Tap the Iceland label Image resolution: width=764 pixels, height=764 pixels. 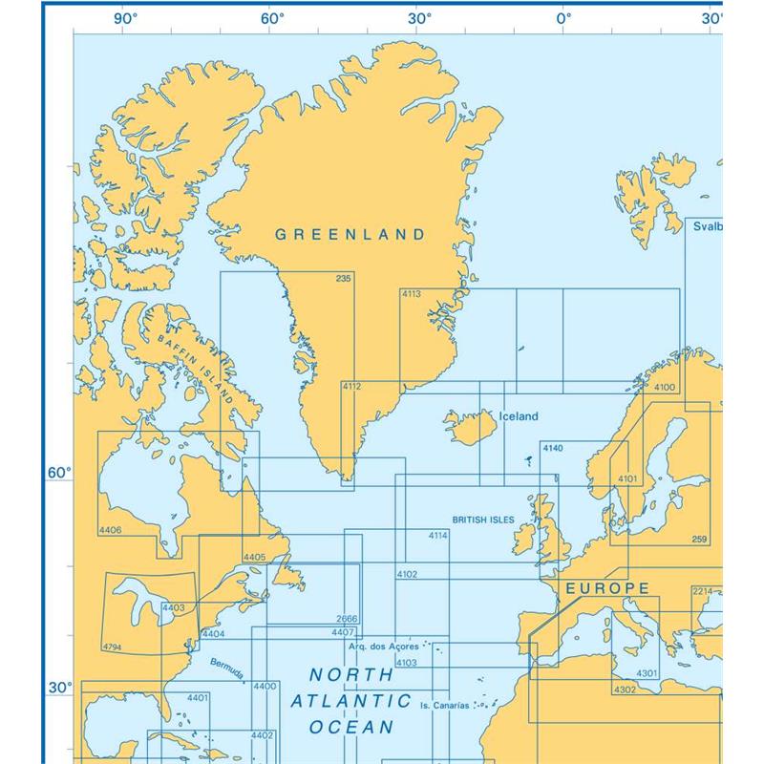point(519,416)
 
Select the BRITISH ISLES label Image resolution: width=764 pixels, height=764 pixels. point(483,520)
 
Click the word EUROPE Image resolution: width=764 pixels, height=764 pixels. point(608,588)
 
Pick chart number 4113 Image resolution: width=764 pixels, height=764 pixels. point(411,295)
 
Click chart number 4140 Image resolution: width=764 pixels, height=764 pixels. point(552,448)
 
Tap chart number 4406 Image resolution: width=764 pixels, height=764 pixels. point(110,529)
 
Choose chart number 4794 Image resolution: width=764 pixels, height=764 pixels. point(111,647)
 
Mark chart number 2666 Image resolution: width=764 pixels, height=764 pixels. point(348,619)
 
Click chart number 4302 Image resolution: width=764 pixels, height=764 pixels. point(625,690)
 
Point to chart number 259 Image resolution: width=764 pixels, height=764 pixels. point(699,540)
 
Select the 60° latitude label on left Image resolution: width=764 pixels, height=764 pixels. point(59,473)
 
